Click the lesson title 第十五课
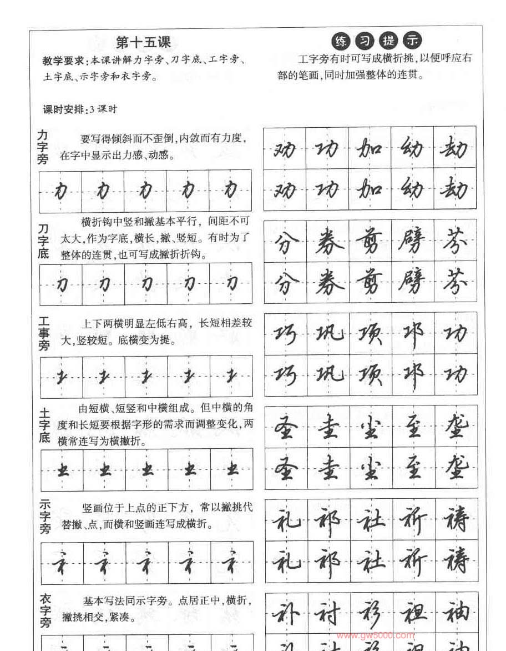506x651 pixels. pos(144,42)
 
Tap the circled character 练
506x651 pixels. pos(340,41)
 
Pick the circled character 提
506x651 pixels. pos(388,41)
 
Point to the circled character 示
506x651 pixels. pos(413,41)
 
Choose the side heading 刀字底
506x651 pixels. pos(43,241)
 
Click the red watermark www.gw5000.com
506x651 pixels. pos(375,636)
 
